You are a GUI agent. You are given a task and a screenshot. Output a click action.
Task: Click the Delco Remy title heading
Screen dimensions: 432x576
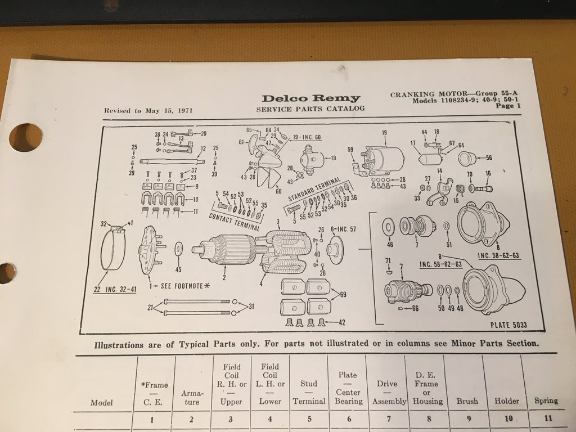click(x=310, y=98)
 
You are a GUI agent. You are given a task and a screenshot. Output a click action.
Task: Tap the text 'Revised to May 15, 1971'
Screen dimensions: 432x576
click(x=148, y=111)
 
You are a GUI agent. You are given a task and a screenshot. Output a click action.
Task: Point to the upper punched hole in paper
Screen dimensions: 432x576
click(x=25, y=137)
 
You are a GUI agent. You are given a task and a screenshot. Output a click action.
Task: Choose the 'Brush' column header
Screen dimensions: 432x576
click(x=467, y=401)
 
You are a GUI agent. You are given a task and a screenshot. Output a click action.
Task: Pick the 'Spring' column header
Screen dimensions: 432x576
click(x=546, y=400)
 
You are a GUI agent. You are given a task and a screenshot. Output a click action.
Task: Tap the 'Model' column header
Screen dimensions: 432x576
click(x=101, y=403)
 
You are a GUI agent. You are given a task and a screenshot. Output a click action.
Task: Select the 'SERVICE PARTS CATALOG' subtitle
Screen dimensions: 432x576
click(x=310, y=109)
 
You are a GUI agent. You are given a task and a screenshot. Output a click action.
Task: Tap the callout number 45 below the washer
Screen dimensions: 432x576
click(x=178, y=269)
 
